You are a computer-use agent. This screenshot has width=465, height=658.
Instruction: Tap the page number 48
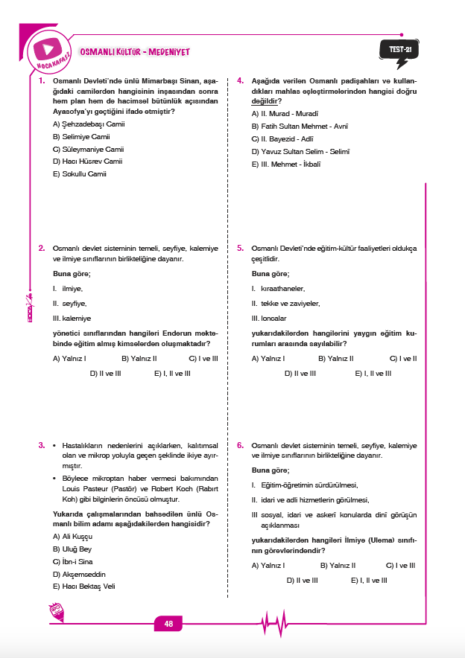pyautogui.click(x=168, y=624)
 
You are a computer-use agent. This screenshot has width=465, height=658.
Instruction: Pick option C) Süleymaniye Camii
pyautogui.click(x=88, y=149)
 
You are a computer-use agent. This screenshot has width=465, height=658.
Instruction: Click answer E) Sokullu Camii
pyautogui.click(x=80, y=173)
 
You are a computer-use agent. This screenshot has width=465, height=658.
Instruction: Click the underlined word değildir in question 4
pyautogui.click(x=266, y=100)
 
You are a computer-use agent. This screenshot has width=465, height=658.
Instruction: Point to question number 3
pyautogui.click(x=41, y=445)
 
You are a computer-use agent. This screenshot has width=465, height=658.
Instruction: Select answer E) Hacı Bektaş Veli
pyautogui.click(x=84, y=586)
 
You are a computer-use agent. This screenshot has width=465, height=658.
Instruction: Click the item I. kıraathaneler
pyautogui.click(x=278, y=288)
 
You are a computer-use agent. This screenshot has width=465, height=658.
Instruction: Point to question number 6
pyautogui.click(x=240, y=445)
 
